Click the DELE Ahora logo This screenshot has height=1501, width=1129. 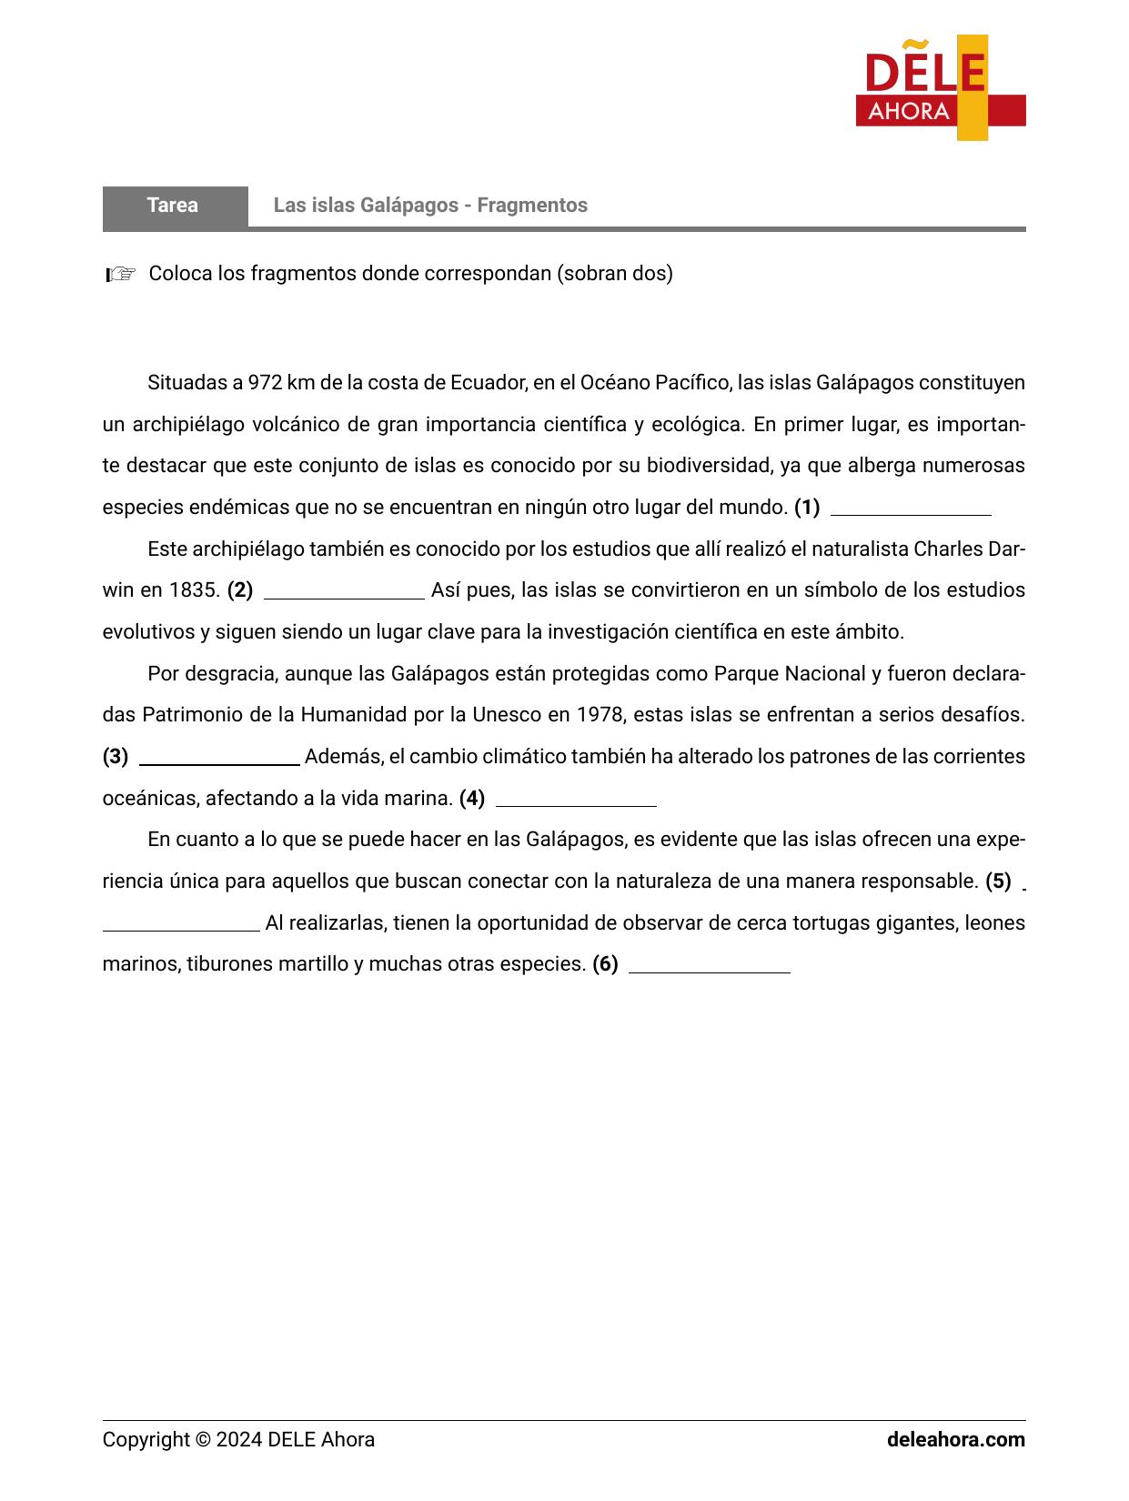(x=940, y=88)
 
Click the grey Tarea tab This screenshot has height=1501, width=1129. (x=174, y=206)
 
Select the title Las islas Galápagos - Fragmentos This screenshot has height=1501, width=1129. (x=430, y=206)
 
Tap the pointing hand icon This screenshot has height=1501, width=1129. (x=121, y=274)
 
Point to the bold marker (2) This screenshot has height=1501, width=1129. (x=240, y=590)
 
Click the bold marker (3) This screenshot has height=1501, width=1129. (x=116, y=757)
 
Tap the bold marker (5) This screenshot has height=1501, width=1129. (x=998, y=881)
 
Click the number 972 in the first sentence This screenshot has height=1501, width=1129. (x=265, y=383)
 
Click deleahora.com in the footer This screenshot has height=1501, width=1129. (x=955, y=1440)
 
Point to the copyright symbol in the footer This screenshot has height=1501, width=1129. (x=202, y=1440)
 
